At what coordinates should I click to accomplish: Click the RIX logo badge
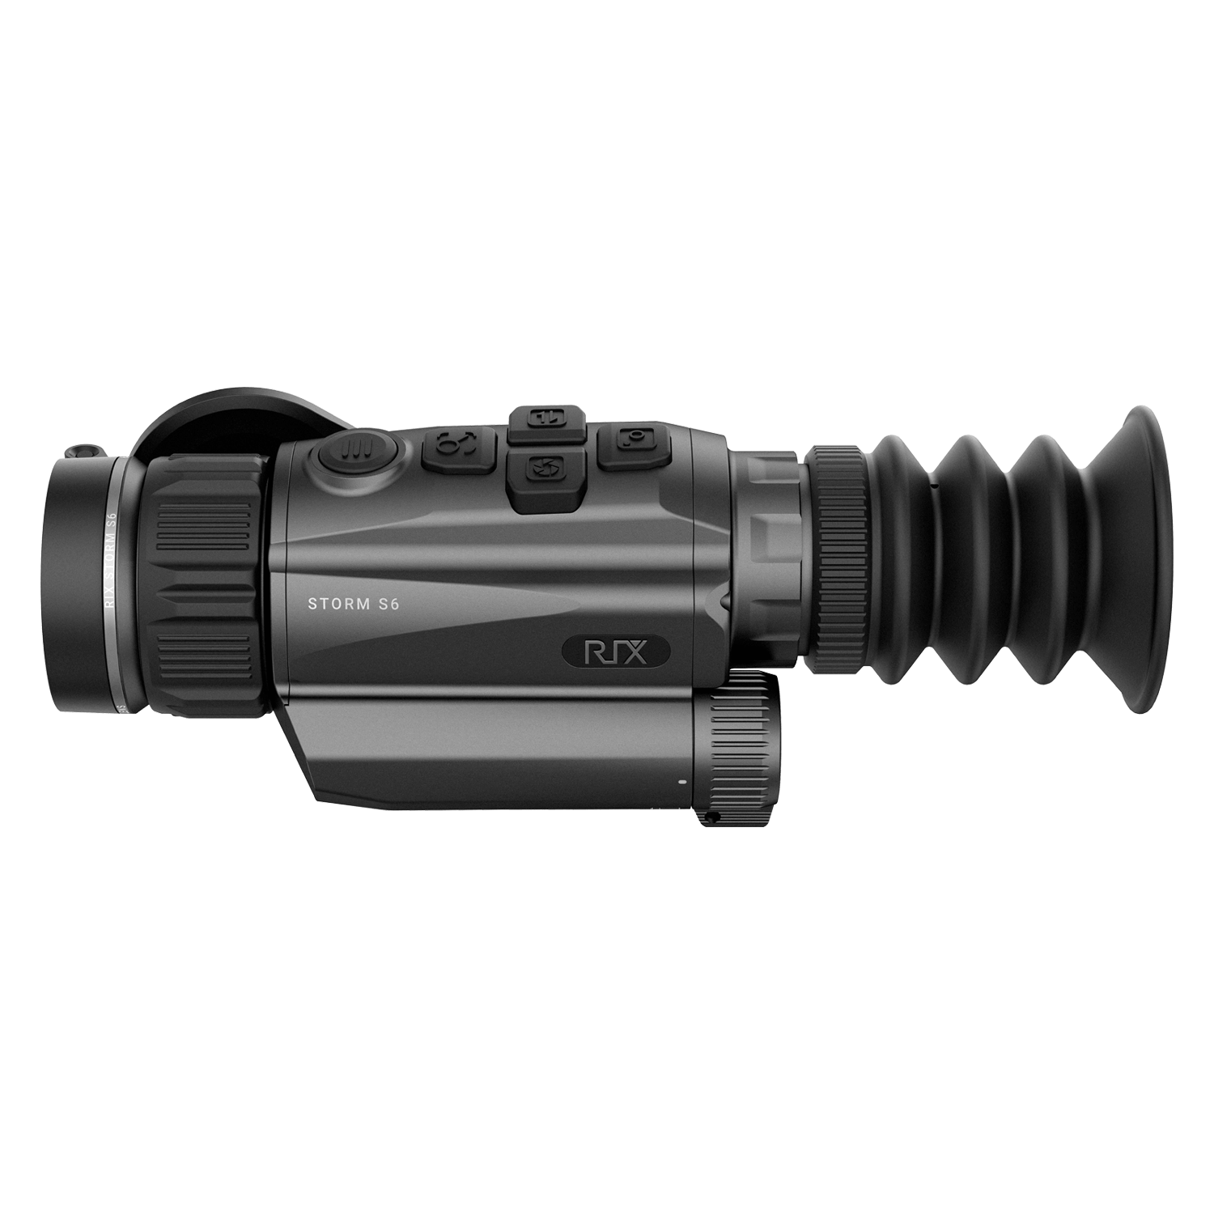click(616, 651)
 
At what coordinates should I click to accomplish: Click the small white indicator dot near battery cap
click(681, 783)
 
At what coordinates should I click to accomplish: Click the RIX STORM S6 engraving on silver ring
click(111, 558)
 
